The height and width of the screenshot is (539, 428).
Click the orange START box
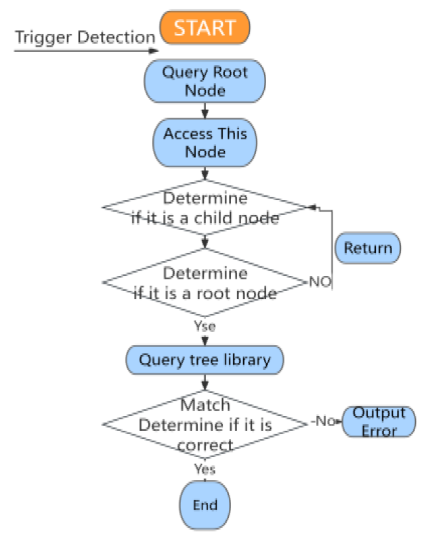click(x=205, y=28)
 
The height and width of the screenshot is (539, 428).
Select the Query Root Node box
click(x=205, y=80)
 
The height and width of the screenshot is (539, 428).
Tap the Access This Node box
click(x=205, y=143)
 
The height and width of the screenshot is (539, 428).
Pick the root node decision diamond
click(x=205, y=283)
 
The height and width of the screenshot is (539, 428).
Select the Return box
click(x=368, y=248)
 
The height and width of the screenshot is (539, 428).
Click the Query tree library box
click(x=205, y=359)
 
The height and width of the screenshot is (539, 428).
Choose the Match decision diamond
click(x=205, y=425)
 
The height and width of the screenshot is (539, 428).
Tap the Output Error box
click(x=379, y=421)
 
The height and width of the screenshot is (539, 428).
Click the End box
click(x=205, y=505)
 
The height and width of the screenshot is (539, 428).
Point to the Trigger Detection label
click(x=85, y=37)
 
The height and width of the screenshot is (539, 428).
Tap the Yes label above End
click(x=205, y=469)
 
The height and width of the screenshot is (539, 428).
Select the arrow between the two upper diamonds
click(x=205, y=242)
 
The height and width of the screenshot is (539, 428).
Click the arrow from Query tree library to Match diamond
click(x=205, y=382)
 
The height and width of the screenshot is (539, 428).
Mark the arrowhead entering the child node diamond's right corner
click(x=312, y=208)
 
